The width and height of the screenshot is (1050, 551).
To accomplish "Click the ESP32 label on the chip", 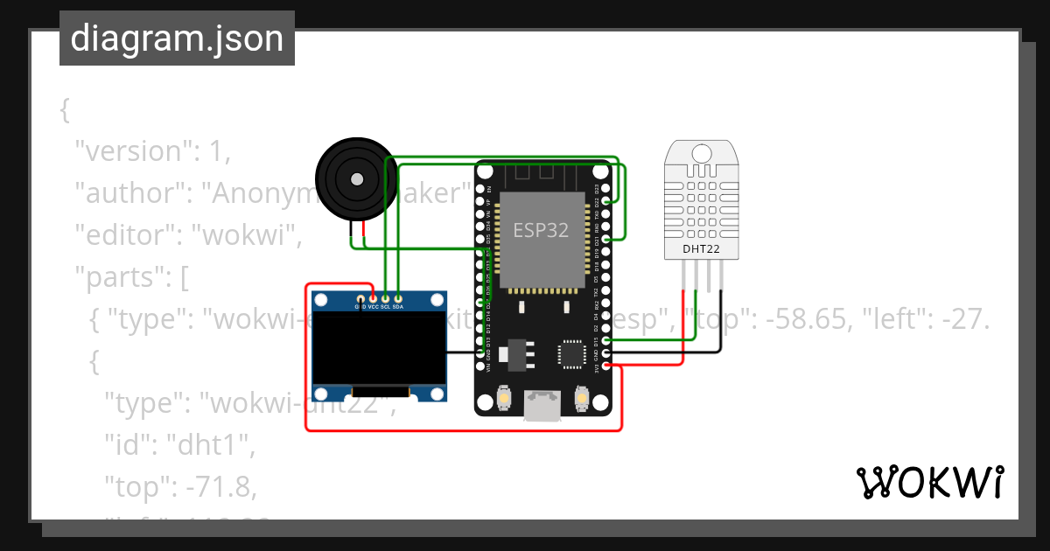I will (x=541, y=231).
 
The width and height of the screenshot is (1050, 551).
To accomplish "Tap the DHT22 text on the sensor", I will (x=702, y=249).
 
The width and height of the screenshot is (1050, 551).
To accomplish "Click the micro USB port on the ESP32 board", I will (x=541, y=407).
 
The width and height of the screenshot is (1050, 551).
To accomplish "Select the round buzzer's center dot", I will (x=356, y=179).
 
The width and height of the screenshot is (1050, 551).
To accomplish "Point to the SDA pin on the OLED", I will (x=398, y=299).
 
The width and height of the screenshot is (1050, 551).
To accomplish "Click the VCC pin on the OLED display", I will (x=373, y=299).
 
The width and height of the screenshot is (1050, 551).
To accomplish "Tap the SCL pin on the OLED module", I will (x=385, y=299).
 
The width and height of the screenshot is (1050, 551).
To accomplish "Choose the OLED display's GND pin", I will (x=360, y=299).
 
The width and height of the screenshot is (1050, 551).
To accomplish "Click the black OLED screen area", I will (x=380, y=349).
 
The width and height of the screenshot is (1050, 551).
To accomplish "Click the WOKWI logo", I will (x=929, y=483).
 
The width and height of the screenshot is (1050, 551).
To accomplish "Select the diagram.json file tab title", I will (x=177, y=38).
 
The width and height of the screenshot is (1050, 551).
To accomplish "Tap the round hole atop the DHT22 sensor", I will (x=702, y=154).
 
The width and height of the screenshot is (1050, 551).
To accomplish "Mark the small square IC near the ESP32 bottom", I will (x=569, y=353).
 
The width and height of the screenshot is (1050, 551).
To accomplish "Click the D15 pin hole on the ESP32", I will (x=606, y=340).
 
